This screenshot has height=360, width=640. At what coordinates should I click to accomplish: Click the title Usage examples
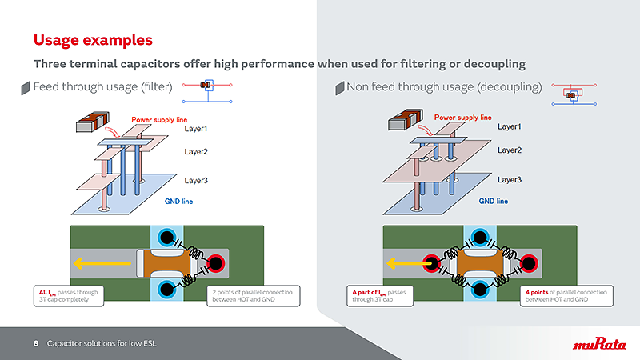click(x=93, y=39)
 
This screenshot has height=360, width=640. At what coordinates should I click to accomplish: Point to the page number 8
click(x=36, y=344)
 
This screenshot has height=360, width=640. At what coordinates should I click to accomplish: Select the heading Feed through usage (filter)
click(x=101, y=86)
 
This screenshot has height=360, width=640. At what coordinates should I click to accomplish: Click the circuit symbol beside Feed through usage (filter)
click(x=207, y=88)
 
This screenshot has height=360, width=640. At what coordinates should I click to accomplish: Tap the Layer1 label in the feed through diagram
click(x=196, y=129)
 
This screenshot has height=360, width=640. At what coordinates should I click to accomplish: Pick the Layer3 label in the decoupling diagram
click(x=510, y=180)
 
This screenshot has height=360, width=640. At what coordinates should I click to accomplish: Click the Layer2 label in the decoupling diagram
click(x=510, y=150)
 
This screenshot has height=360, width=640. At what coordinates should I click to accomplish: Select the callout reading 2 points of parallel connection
click(x=253, y=294)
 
